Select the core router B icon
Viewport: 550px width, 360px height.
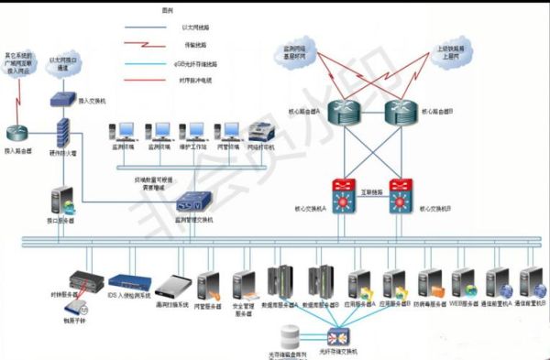coord(399,112)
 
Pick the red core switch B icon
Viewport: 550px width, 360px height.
coord(401,194)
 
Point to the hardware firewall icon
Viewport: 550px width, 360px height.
coord(62,135)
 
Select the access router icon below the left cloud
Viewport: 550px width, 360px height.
coord(19,134)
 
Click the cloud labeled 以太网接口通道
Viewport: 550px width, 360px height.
coord(64,65)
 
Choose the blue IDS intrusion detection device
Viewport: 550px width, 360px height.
coord(127,282)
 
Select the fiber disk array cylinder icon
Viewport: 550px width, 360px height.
coord(291,334)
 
